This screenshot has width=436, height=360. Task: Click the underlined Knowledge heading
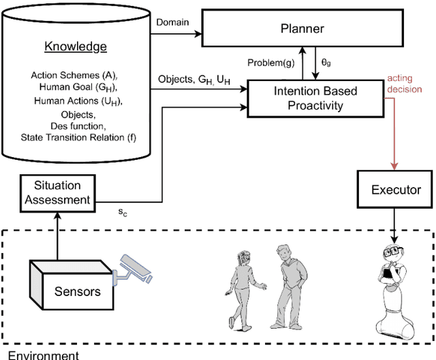pos(76,47)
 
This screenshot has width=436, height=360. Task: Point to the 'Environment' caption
pos(43,354)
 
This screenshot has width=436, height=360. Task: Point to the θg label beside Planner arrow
pos(326,63)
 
